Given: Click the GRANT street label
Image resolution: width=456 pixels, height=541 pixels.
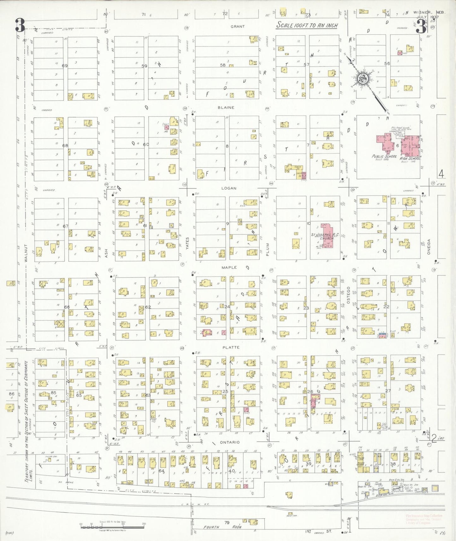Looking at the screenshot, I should pyautogui.click(x=237, y=27).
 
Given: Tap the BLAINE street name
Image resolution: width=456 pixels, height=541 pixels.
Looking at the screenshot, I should pyautogui.click(x=226, y=108).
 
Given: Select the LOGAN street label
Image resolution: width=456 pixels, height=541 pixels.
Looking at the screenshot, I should pyautogui.click(x=229, y=188).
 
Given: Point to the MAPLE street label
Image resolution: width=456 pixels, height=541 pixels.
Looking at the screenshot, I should pyautogui.click(x=229, y=268).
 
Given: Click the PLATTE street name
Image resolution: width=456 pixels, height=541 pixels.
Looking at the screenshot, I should pyautogui.click(x=231, y=348).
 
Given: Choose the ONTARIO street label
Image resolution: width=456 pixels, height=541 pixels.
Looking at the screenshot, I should pyautogui.click(x=230, y=442).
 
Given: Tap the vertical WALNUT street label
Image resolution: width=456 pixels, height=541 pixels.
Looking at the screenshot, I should pyautogui.click(x=26, y=253).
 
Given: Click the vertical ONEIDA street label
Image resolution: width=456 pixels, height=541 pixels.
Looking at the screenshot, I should pyautogui.click(x=429, y=247).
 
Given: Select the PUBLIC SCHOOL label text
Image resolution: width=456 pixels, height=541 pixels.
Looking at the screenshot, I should pyautogui.click(x=384, y=157).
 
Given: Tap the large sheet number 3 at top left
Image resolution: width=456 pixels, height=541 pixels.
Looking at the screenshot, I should pyautogui.click(x=20, y=26).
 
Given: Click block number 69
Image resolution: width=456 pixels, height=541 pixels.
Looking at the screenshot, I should pyautogui.click(x=65, y=66).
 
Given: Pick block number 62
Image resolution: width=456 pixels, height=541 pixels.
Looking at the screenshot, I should pyautogui.click(x=148, y=307).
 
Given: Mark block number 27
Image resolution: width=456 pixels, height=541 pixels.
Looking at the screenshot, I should pyautogui.click(x=388, y=391).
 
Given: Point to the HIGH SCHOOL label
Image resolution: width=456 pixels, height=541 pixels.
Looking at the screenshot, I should pyautogui.click(x=410, y=159).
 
